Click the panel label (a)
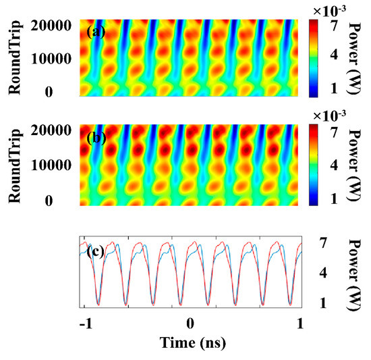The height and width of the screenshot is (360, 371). pos(94,31)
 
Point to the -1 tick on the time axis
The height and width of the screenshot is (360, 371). pos(84,322)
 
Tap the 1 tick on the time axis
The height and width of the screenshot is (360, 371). pos(298,322)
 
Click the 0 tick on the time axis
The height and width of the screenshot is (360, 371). pos(191,322)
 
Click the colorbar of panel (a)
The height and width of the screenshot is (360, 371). pos(315,58)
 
